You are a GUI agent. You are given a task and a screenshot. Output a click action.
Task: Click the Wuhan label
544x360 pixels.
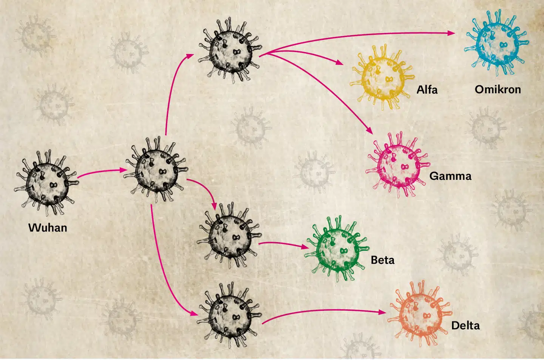pos(48,228)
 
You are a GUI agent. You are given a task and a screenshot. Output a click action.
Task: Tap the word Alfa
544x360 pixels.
pos(427,90)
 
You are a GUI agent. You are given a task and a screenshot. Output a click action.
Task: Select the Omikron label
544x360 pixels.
pos(498,90)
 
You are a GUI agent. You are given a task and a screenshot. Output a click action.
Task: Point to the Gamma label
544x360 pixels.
pos(450,176)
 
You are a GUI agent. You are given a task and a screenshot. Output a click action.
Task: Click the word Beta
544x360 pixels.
pos(382,260)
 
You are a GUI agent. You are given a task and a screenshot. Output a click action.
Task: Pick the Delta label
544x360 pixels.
pos(465,326)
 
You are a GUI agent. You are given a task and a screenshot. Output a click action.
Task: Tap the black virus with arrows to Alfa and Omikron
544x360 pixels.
pos(231,51)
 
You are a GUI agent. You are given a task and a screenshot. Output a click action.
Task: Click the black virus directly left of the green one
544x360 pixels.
pos(230,236)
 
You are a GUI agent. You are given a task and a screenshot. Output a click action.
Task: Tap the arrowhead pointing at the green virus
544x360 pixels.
pos(304,247)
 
